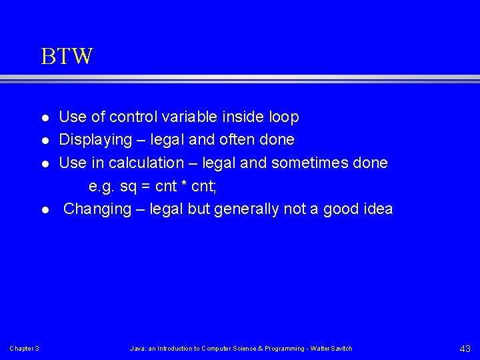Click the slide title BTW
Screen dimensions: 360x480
(x=67, y=57)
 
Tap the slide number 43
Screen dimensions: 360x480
(x=465, y=349)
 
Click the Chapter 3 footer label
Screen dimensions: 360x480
(x=24, y=349)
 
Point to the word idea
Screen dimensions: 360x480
(x=377, y=209)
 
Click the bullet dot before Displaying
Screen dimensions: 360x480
(x=45, y=141)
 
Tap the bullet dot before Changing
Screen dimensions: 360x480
(x=45, y=210)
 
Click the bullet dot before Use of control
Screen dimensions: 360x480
(x=45, y=118)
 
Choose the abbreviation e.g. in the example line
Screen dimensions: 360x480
(x=102, y=187)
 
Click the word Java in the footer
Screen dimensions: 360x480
(x=137, y=349)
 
